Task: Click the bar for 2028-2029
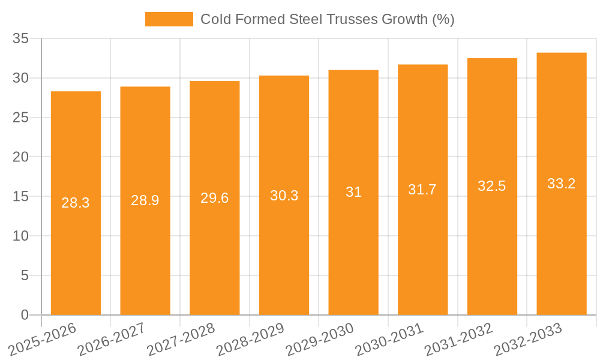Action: pyautogui.click(x=284, y=195)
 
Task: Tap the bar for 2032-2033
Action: pyautogui.click(x=562, y=184)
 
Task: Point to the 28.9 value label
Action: pyautogui.click(x=145, y=200)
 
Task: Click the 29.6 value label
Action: pyautogui.click(x=215, y=198)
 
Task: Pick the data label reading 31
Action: pyautogui.click(x=353, y=192)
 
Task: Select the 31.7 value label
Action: pyautogui.click(x=422, y=190)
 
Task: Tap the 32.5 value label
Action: pyautogui.click(x=492, y=186)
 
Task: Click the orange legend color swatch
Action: pyautogui.click(x=169, y=19)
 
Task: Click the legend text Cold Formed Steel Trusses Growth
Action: pyautogui.click(x=327, y=19)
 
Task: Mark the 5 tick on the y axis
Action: pyautogui.click(x=25, y=275)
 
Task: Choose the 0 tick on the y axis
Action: pyautogui.click(x=25, y=315)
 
